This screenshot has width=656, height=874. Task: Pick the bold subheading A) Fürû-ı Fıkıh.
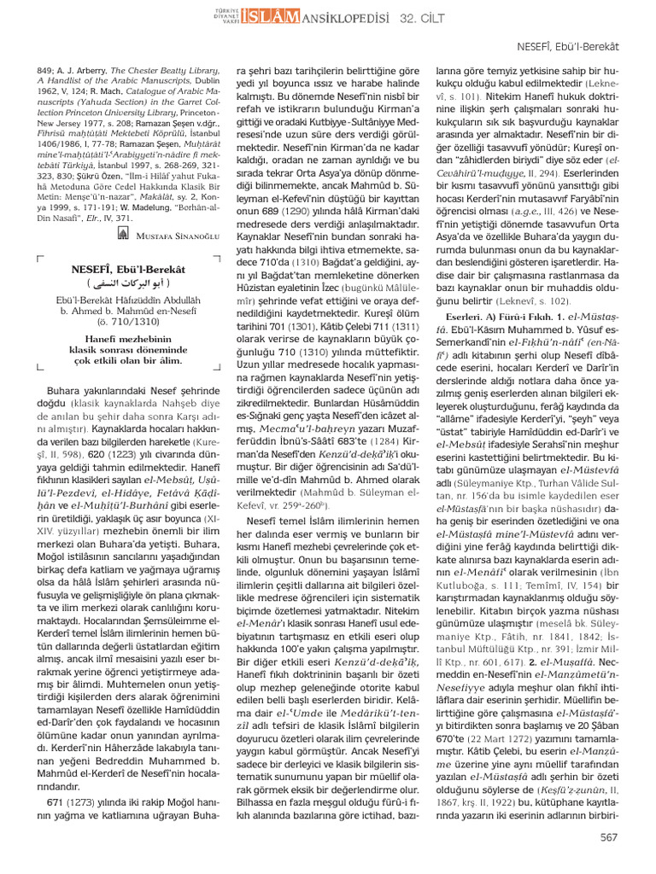click(521, 315)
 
